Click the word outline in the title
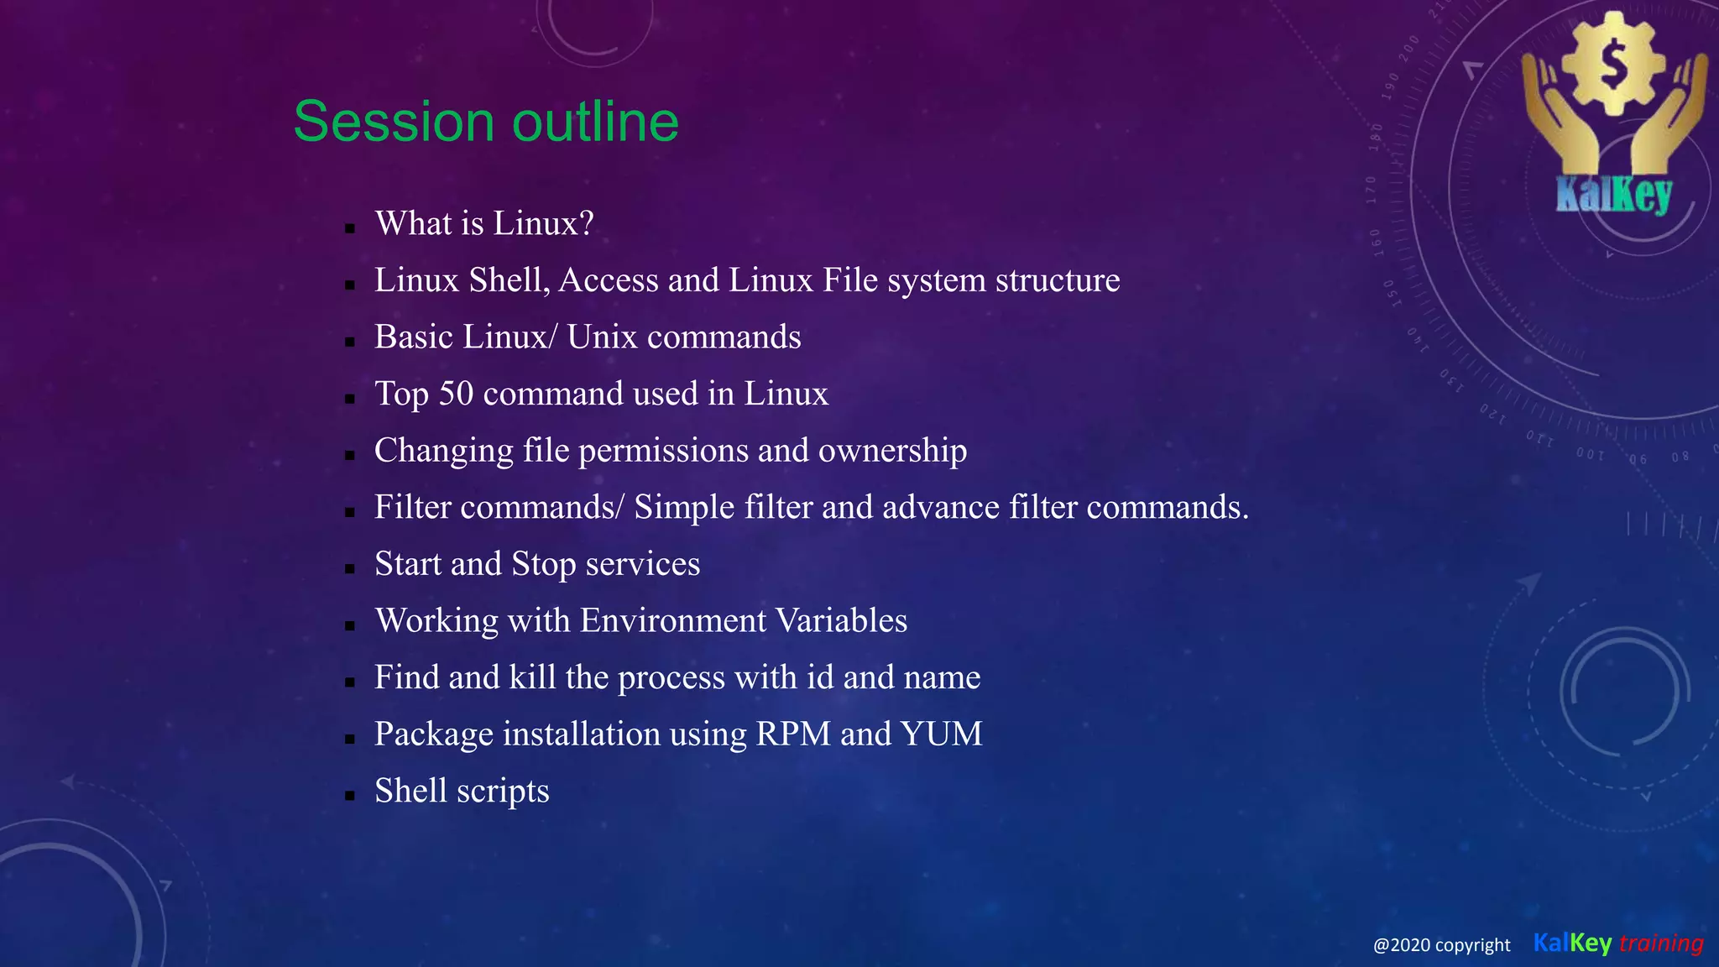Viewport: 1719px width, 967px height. (595, 122)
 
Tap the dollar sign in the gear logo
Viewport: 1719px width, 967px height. (1612, 65)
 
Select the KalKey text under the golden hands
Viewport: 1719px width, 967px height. (1613, 195)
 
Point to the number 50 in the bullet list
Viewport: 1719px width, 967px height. (456, 394)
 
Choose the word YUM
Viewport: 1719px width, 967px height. (941, 734)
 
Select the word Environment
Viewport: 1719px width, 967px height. (673, 620)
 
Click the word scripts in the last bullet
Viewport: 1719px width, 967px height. (503, 792)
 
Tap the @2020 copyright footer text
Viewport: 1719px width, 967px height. (1441, 945)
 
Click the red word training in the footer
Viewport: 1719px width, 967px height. (1661, 943)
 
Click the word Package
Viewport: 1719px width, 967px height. (433, 734)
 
